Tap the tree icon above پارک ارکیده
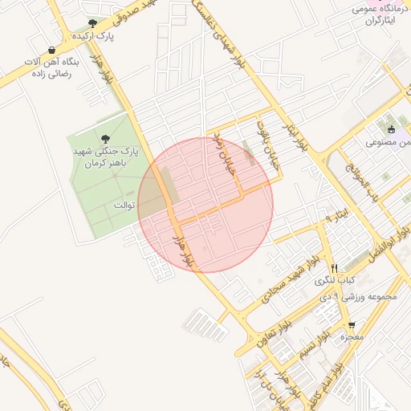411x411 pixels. [x=92, y=23]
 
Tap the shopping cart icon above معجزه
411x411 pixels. [x=352, y=324]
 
